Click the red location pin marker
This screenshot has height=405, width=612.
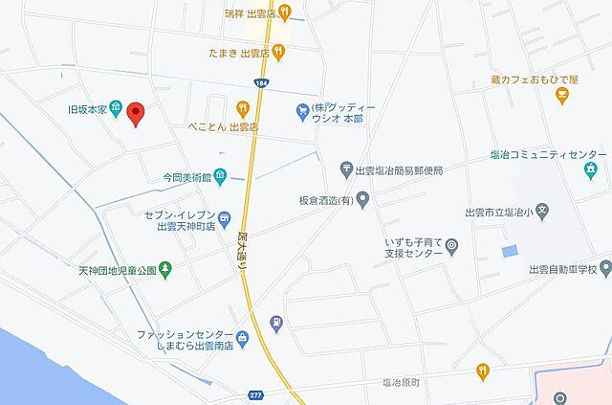(136, 114)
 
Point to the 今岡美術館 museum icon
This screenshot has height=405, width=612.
(220, 174)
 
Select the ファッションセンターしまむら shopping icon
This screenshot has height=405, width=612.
(243, 336)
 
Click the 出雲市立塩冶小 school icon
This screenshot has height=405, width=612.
(541, 211)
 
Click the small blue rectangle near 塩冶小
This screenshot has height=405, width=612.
(508, 250)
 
